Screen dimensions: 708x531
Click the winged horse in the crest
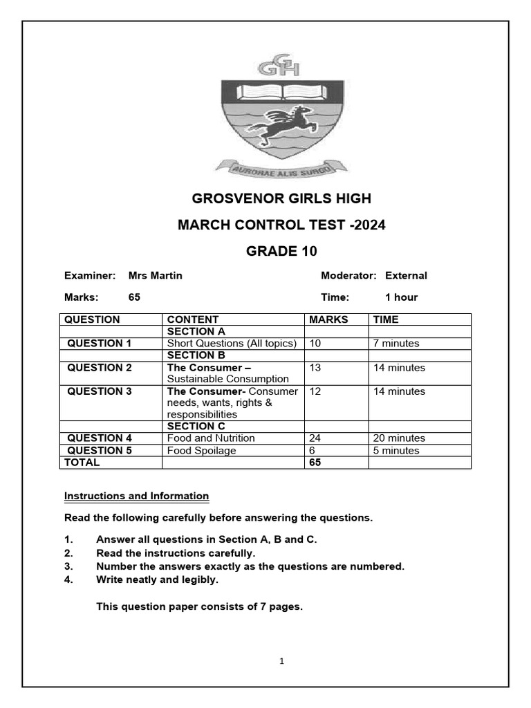point(279,126)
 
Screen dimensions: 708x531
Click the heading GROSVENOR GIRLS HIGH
point(281,199)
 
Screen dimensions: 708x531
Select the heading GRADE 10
point(281,251)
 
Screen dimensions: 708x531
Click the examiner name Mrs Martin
point(156,275)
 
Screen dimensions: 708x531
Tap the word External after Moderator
point(406,275)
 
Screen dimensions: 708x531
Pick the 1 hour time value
point(401,297)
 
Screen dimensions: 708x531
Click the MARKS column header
point(328,319)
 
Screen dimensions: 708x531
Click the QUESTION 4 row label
point(99,438)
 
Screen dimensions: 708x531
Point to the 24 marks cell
point(315,438)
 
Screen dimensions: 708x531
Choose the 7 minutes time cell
point(396,343)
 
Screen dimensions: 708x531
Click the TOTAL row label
point(82,463)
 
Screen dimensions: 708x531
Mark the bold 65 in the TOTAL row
point(315,463)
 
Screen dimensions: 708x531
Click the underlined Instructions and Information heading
point(136,496)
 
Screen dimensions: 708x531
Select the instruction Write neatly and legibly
point(157,579)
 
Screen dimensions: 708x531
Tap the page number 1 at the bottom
point(282,661)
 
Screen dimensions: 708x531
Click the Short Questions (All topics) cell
point(232,343)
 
